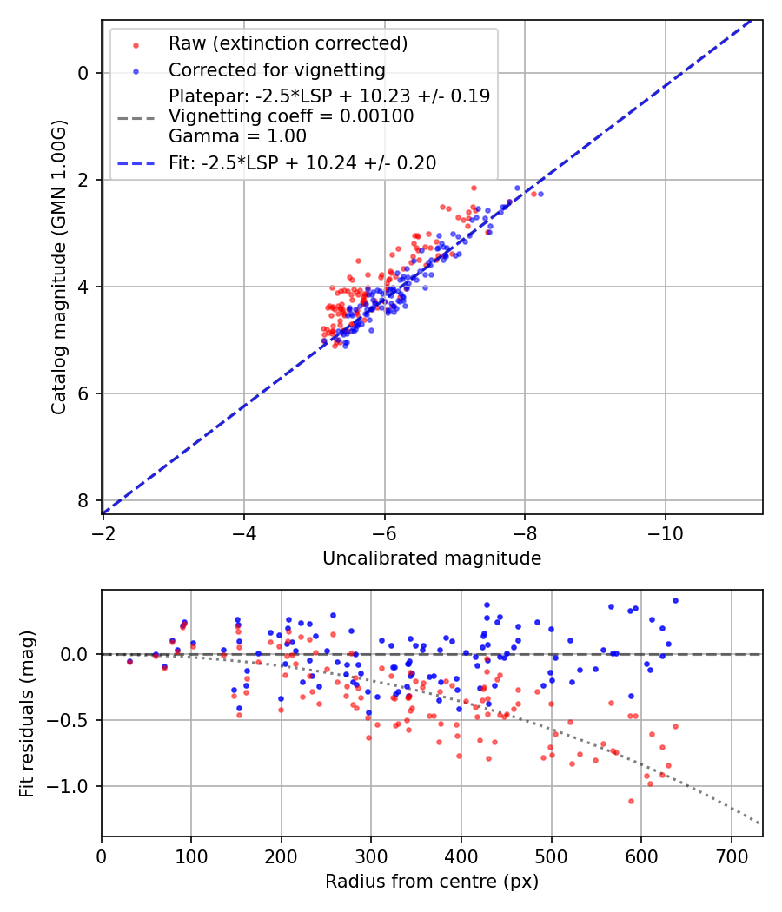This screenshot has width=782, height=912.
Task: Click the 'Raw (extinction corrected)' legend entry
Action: pyautogui.click(x=288, y=43)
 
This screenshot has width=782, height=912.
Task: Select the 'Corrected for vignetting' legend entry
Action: pyautogui.click(x=276, y=69)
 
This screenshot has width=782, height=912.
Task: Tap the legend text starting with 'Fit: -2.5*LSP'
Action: pyautogui.click(x=302, y=162)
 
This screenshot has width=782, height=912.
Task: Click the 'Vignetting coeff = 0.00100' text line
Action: pyautogui.click(x=291, y=116)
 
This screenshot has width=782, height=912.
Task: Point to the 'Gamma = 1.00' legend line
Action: pyautogui.click(x=237, y=135)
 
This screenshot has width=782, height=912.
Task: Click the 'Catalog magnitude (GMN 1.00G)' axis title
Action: pyautogui.click(x=58, y=267)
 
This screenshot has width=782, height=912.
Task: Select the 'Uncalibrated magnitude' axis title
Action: pyautogui.click(x=432, y=558)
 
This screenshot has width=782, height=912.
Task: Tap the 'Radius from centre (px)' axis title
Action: pyautogui.click(x=432, y=882)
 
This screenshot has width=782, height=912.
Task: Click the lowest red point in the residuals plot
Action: pyautogui.click(x=631, y=801)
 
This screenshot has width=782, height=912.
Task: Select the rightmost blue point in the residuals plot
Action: pyautogui.click(x=675, y=600)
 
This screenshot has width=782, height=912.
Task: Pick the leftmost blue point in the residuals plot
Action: pyautogui.click(x=129, y=661)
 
